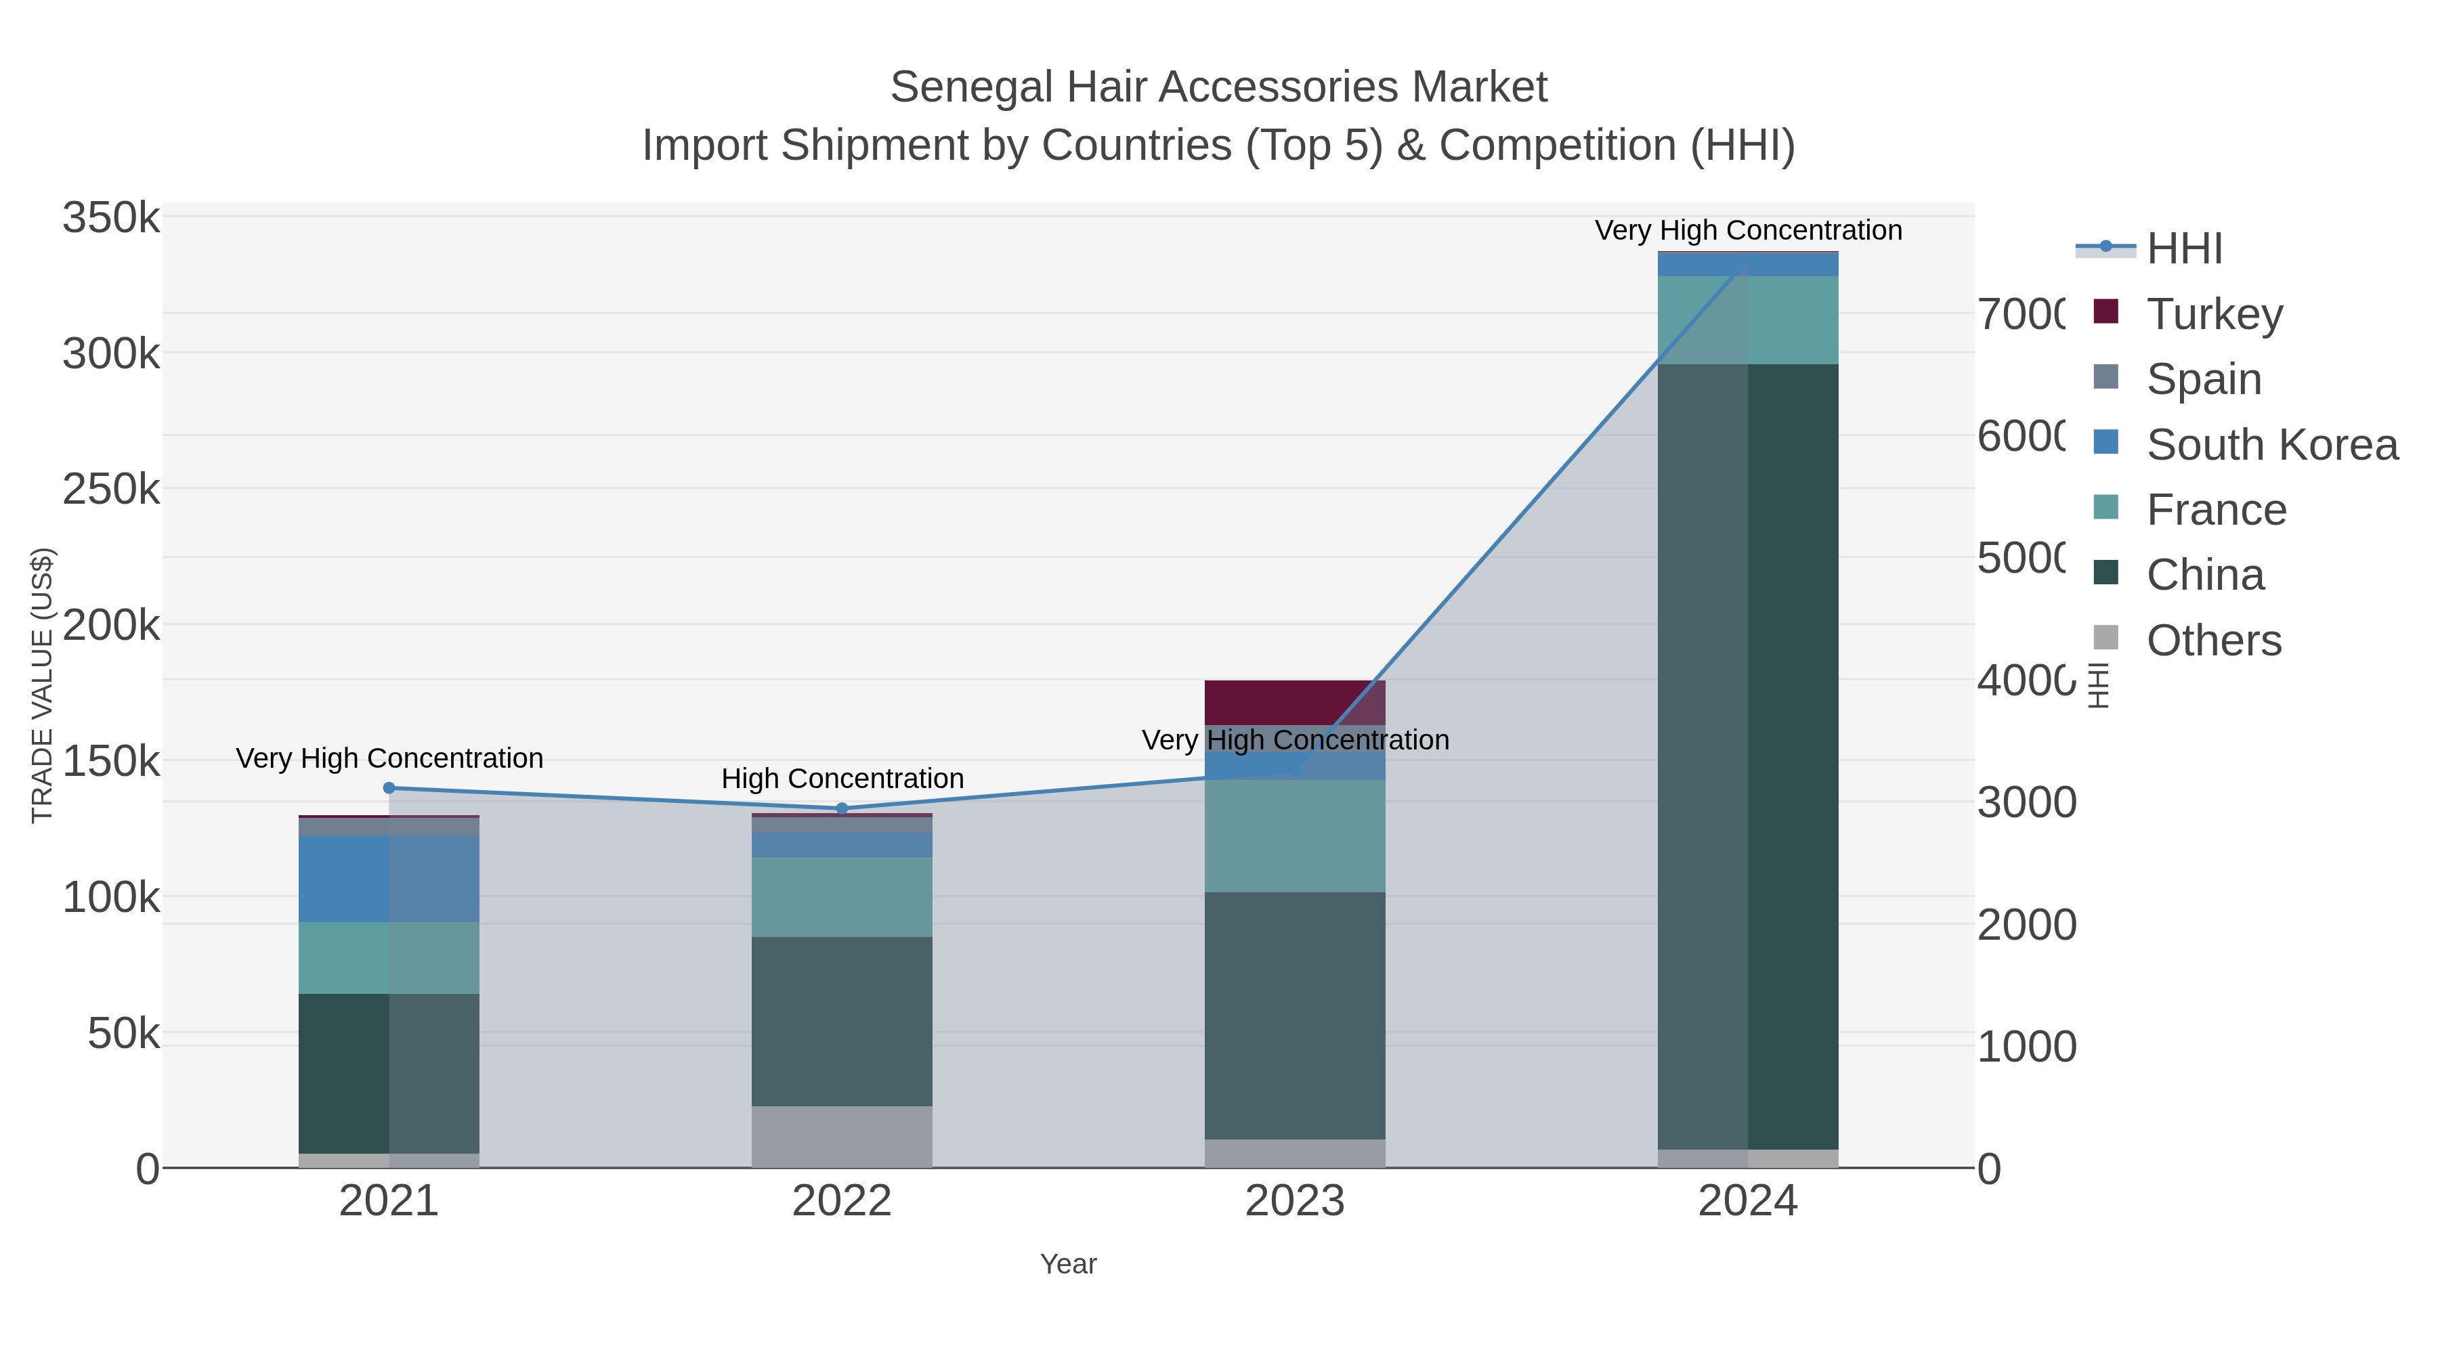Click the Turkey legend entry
coord(2215,314)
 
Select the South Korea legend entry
coord(2271,445)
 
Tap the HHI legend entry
coord(2184,249)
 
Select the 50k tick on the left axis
coord(123,1034)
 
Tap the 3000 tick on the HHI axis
coord(2026,802)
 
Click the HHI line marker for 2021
coord(389,788)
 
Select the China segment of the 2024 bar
coord(1747,757)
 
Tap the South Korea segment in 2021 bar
coord(388,878)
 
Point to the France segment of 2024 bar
coord(1747,320)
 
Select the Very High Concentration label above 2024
coord(1747,230)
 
